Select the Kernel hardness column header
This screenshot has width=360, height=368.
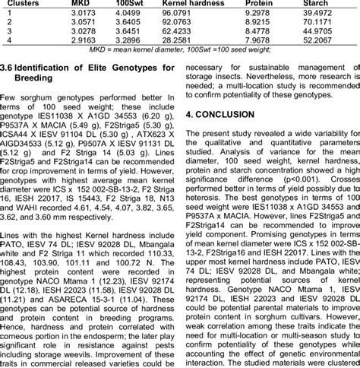tap(184, 4)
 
